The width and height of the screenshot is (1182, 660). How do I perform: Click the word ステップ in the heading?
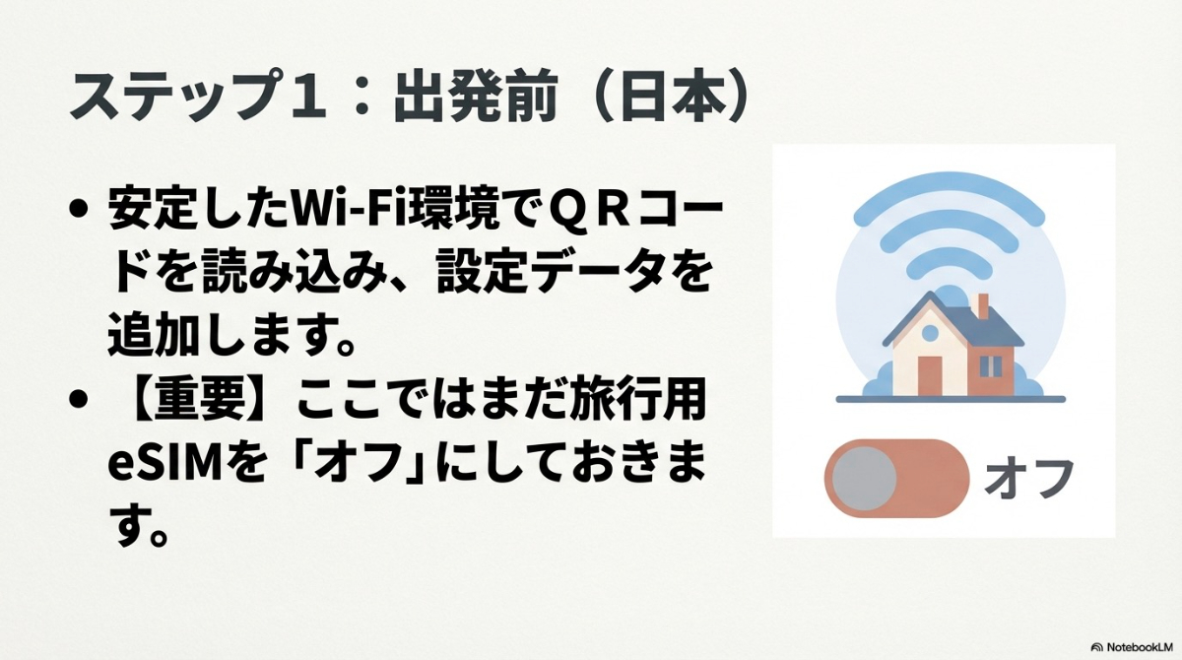[x=169, y=98]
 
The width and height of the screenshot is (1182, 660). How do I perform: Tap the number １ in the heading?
[x=301, y=98]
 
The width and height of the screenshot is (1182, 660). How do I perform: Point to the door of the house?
[x=930, y=374]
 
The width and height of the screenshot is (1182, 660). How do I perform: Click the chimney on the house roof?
[x=982, y=307]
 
